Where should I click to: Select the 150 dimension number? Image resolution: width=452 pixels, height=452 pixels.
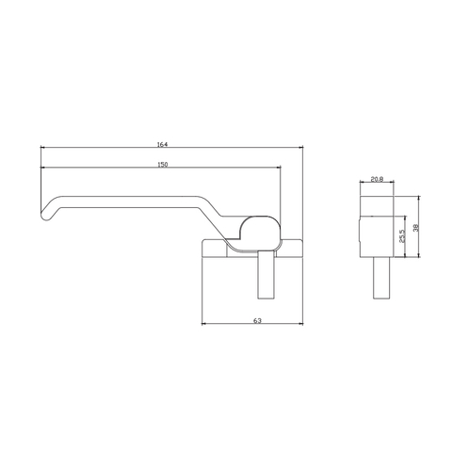pos(163,165)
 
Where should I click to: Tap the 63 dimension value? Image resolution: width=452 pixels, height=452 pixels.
pos(256,321)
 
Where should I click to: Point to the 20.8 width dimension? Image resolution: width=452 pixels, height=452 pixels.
pos(377,178)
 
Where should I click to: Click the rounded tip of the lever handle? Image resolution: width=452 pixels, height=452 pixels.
pos(45,218)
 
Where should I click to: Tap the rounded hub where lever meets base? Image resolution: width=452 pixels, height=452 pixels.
pos(260,229)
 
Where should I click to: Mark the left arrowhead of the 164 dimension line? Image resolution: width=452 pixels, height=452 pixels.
pos(44,148)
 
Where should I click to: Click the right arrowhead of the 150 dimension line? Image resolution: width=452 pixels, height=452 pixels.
pos(280,169)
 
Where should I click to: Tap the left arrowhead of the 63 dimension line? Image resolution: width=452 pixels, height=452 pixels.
pos(206,325)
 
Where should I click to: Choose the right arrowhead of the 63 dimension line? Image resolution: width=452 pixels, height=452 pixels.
pos(301,325)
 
